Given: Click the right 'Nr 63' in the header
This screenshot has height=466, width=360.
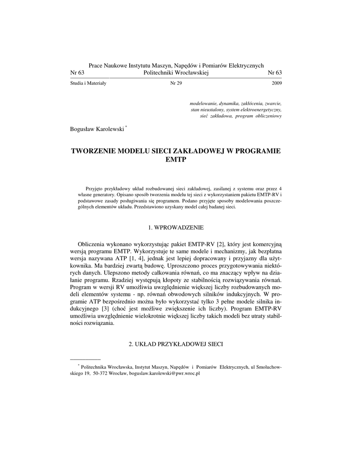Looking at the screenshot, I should point(274,73).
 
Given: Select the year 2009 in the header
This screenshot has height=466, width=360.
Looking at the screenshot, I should point(277,84).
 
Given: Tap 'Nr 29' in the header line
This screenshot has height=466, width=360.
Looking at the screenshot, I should point(176,84).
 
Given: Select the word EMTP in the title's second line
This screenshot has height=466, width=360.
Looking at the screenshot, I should point(176,160).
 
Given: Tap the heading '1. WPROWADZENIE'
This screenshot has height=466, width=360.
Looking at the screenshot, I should point(176,227).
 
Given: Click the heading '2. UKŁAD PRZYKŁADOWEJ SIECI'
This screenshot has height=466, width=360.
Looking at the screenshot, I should point(176,344).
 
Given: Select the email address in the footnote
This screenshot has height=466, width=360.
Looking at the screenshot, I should point(165,373).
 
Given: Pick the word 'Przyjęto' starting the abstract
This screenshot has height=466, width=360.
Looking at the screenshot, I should point(95,188).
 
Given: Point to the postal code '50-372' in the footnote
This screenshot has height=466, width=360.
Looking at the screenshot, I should point(101,373).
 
